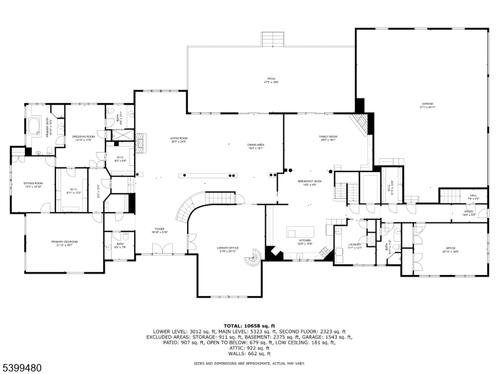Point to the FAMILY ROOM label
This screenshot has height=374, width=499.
[328, 138]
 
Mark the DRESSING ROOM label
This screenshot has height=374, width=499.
[83, 137]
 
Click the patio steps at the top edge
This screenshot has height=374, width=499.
[273, 39]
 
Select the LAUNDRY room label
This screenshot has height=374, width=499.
[353, 246]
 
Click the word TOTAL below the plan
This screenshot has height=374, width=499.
[233, 325]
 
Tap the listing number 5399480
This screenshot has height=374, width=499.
[22, 368]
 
